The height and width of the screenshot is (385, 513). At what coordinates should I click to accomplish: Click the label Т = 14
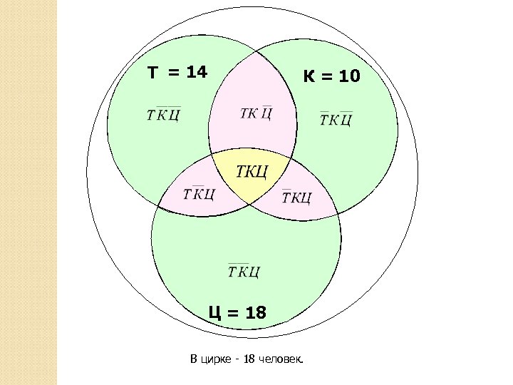(177, 72)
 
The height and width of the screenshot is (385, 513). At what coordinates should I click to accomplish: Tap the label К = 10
(332, 76)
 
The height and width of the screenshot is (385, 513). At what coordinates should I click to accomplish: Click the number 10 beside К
(349, 76)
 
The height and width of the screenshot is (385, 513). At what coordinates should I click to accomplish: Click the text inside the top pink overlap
(256, 114)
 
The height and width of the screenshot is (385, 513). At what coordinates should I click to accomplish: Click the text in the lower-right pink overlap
(296, 197)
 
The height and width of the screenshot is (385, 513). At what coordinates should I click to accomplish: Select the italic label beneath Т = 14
(162, 115)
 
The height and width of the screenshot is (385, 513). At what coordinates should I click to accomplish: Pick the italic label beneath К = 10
(336, 118)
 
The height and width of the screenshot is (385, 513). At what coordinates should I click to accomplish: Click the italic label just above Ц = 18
(244, 271)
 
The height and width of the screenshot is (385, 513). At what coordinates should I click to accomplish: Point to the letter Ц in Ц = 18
(213, 312)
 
